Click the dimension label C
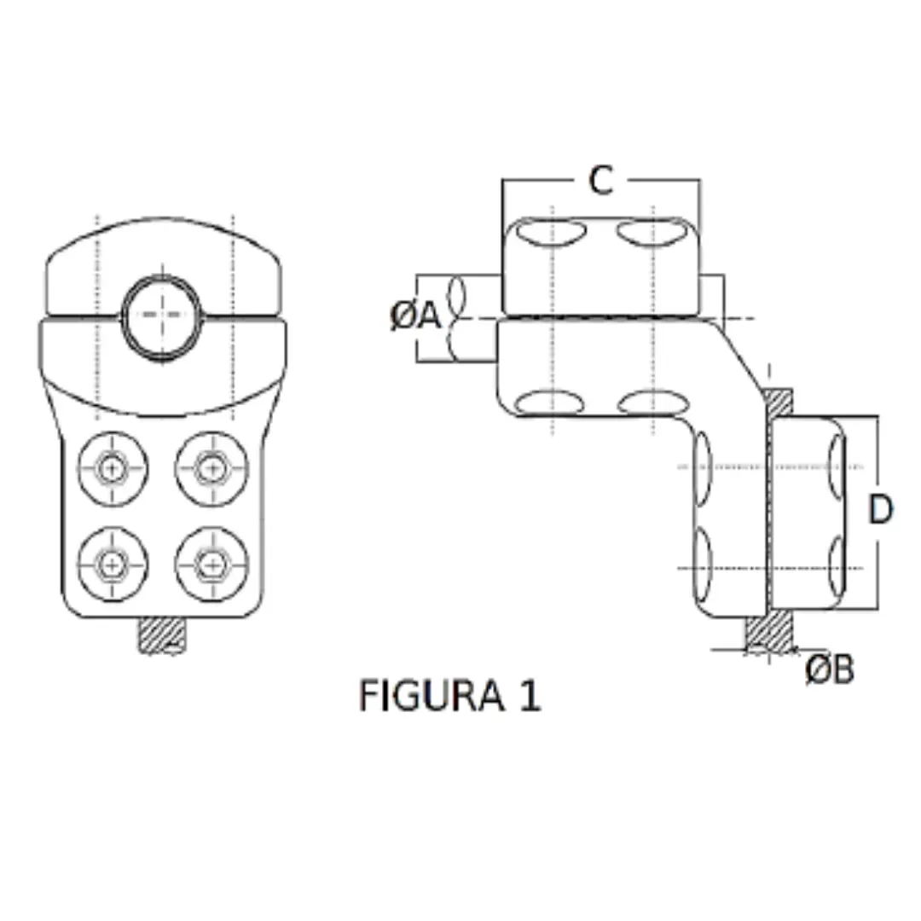coord(601,180)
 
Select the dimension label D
coord(880,510)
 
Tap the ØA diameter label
coord(415,317)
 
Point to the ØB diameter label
coord(829,670)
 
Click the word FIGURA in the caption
coord(431,696)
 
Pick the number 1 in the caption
coord(529,696)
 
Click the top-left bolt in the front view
coord(112,467)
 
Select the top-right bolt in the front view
coord(211,467)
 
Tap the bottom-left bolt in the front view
coord(112,563)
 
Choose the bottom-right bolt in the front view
coord(211,563)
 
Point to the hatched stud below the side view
coord(770,634)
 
